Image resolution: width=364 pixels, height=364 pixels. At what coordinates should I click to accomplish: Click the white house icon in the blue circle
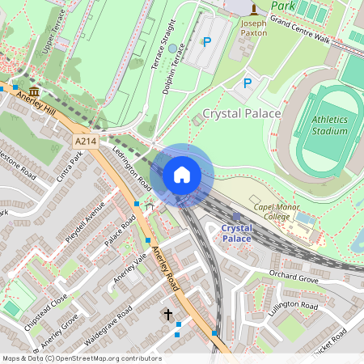(x=182, y=174)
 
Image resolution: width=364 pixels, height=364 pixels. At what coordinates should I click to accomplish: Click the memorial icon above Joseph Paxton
(x=254, y=9)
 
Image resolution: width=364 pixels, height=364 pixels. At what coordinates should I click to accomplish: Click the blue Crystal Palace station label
(x=236, y=233)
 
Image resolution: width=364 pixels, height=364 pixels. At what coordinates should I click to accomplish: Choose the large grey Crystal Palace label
(x=241, y=114)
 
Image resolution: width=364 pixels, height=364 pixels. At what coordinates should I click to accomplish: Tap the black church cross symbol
(x=168, y=313)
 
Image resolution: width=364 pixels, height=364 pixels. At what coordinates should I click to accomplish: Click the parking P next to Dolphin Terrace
(x=206, y=41)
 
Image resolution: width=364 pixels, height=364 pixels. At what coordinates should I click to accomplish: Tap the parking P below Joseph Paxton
(x=248, y=83)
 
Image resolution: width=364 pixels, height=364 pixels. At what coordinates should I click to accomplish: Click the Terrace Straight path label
(x=164, y=45)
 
